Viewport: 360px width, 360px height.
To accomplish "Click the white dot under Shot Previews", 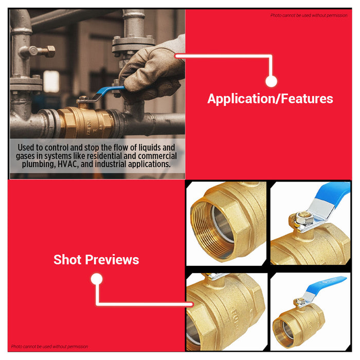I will coord(96,279).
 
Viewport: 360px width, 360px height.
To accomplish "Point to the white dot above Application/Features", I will coord(272,81).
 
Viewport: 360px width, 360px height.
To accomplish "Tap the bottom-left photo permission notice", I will coord(49,347).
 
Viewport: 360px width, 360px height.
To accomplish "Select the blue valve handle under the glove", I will coord(110,93).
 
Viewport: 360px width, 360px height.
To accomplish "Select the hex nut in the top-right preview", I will coord(300,221).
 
